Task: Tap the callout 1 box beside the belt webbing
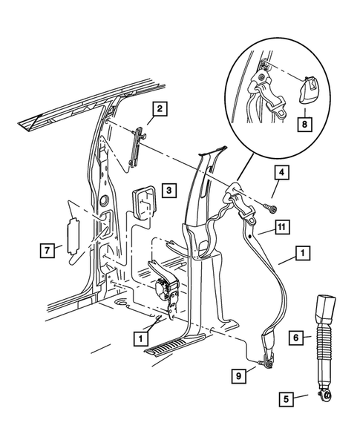303,254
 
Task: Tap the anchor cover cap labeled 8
308,91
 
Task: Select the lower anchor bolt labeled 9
264,362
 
